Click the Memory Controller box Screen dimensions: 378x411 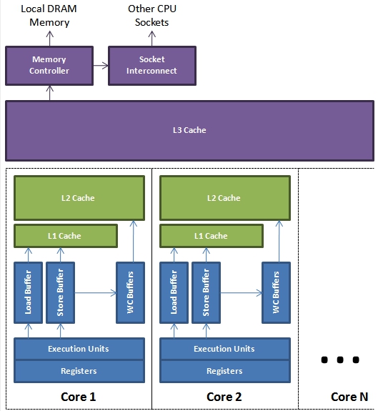coord(49,66)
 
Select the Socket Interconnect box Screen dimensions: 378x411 coord(152,66)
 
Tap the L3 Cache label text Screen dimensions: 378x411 coord(189,130)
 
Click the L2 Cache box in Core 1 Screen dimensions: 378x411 coord(79,198)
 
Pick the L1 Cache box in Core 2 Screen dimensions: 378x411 coord(212,236)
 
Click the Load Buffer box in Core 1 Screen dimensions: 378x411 coord(29,292)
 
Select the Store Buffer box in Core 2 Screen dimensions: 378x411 coord(207,292)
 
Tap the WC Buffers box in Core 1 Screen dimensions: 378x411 coord(131,292)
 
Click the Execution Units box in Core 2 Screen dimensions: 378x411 coord(225,349)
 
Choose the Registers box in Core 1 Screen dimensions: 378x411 coord(79,371)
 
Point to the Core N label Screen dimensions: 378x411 coord(349,397)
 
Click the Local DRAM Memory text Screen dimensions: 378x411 coord(49,16)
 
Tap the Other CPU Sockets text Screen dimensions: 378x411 coord(152,16)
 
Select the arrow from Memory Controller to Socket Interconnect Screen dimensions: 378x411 coord(101,66)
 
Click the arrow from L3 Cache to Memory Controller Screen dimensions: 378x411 coord(50,93)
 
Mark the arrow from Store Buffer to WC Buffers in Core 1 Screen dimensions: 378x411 coord(96,293)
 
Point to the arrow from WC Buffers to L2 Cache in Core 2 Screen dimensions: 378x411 coord(279,241)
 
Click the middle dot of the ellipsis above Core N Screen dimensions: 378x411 coord(340,360)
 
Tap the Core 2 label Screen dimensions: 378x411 coord(224,397)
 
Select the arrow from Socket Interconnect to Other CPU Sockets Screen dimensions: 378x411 coord(152,39)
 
